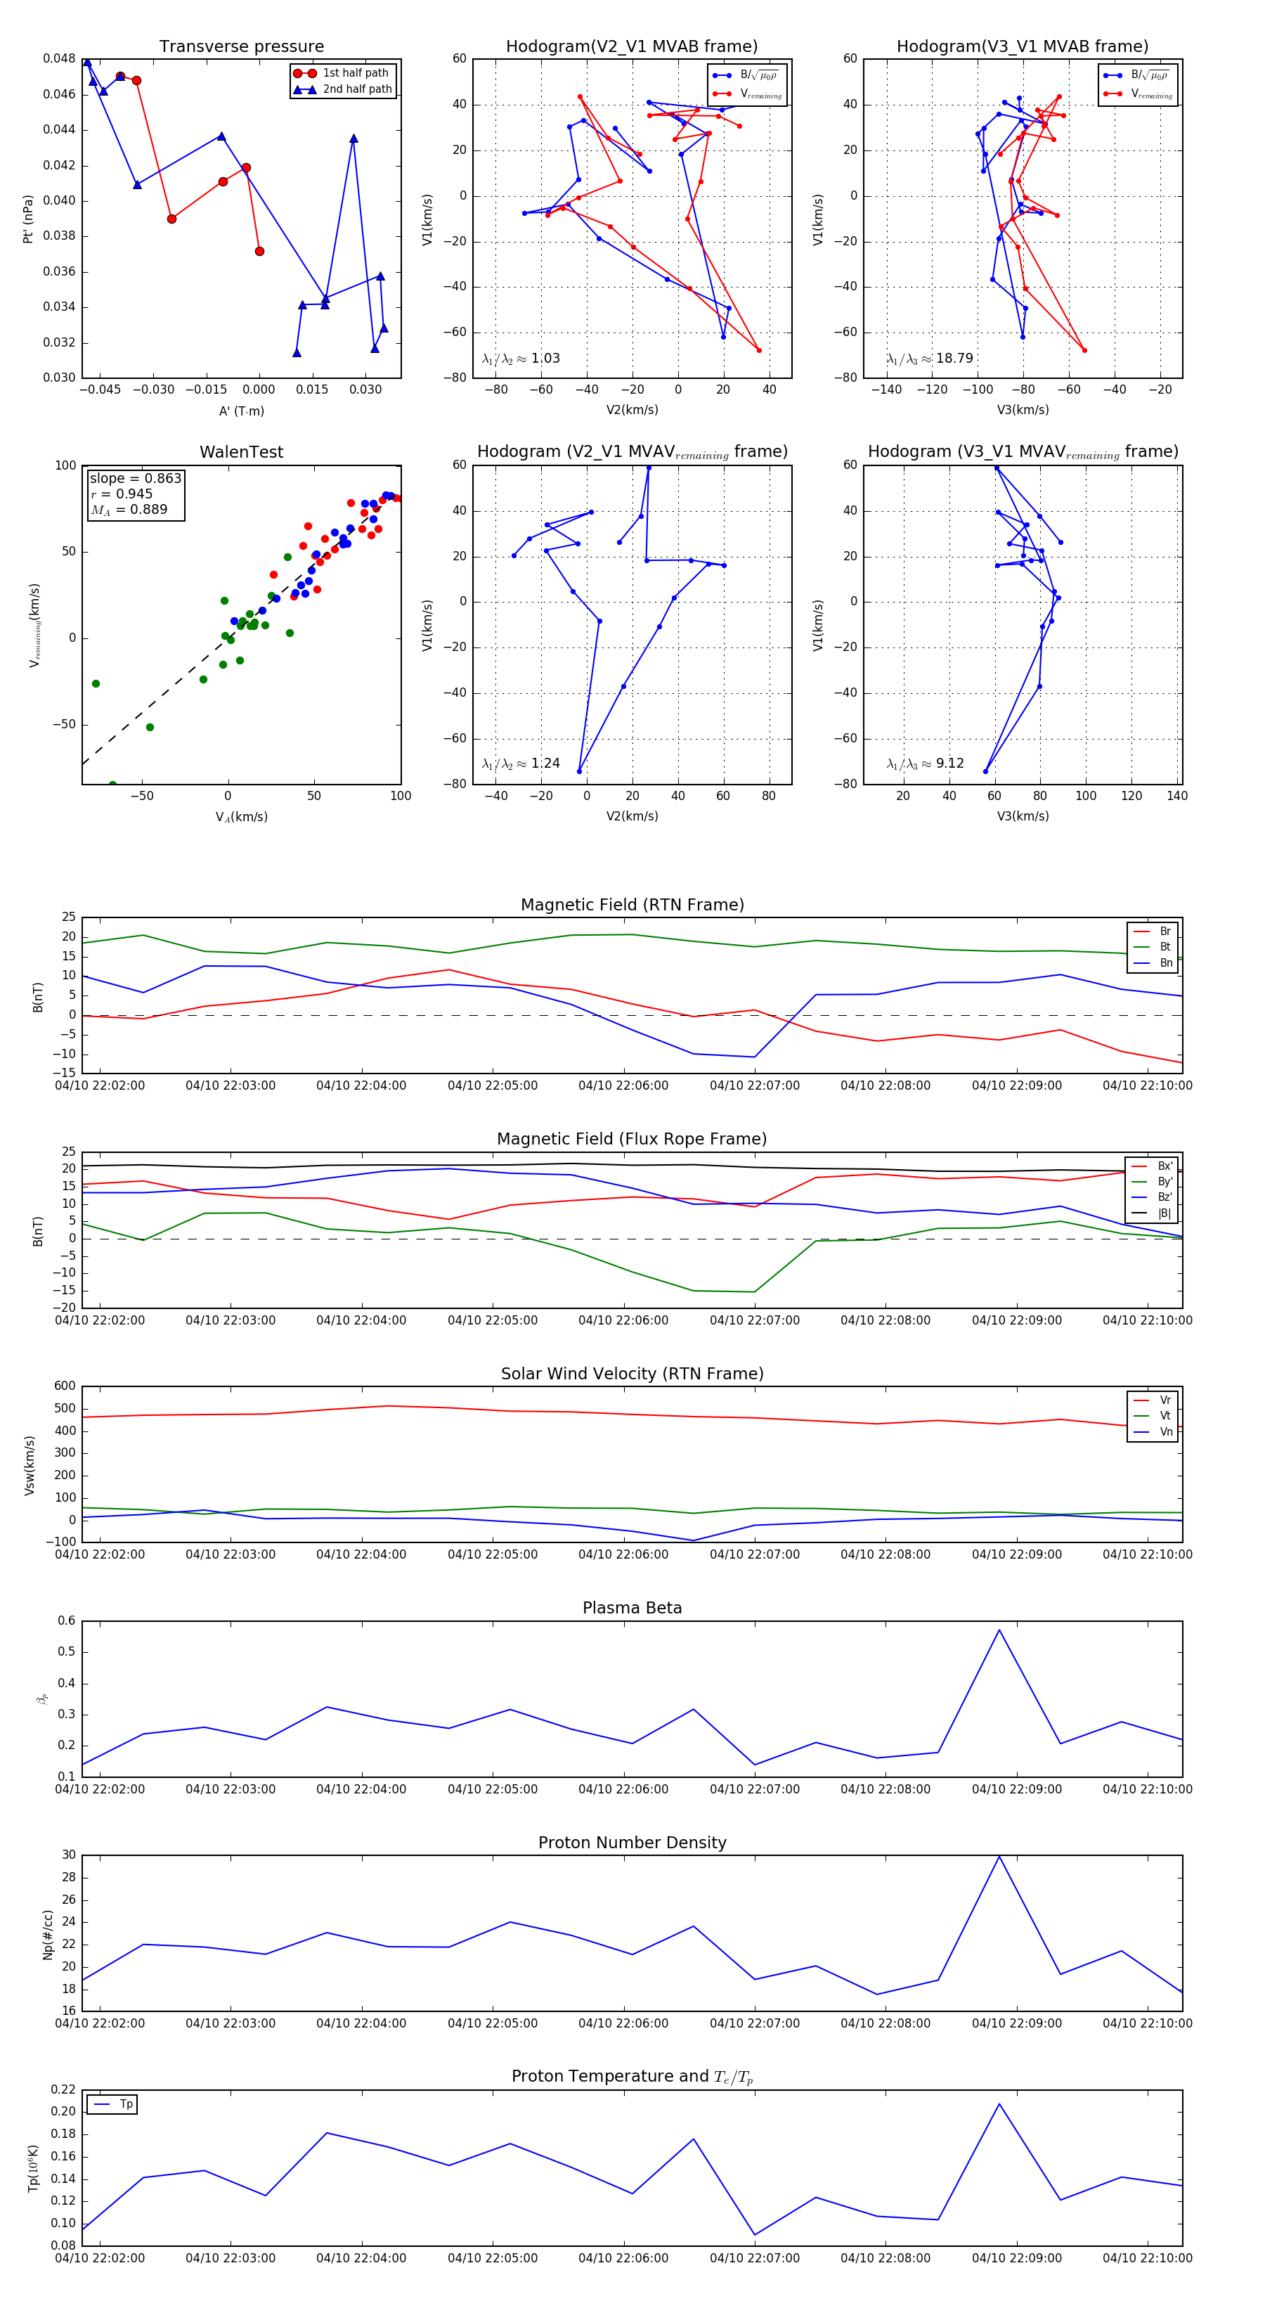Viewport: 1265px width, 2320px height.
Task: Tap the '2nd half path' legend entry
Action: click(x=356, y=89)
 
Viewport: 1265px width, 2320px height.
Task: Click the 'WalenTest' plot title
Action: click(x=241, y=452)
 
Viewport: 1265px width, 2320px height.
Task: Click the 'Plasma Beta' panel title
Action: click(x=632, y=1608)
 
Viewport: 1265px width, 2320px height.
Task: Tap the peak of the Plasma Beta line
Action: click(x=999, y=1629)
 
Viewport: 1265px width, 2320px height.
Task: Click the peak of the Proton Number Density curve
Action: click(x=999, y=1856)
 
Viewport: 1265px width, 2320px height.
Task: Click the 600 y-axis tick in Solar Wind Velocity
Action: click(x=65, y=1386)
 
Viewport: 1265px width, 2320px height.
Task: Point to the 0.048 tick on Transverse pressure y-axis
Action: click(x=60, y=58)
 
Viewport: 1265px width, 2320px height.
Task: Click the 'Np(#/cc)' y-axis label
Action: click(x=48, y=1935)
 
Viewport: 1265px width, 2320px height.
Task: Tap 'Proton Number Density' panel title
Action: click(x=632, y=1843)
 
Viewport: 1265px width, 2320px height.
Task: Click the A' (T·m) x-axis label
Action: click(x=241, y=411)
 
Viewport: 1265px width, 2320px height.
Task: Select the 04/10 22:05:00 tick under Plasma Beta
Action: click(x=493, y=1789)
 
